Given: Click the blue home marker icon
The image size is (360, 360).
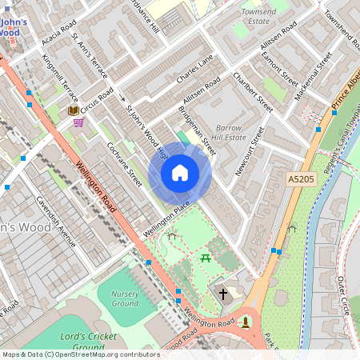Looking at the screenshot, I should [x=180, y=172].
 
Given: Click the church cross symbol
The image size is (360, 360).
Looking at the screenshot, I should [x=224, y=294].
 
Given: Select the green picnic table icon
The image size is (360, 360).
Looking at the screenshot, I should [x=206, y=257].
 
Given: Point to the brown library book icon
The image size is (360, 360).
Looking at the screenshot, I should [x=73, y=110].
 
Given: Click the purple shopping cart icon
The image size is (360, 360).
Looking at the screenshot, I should [x=78, y=122].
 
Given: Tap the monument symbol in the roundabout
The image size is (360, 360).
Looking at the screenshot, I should [x=246, y=321].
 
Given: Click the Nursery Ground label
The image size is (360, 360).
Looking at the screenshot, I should [x=124, y=298].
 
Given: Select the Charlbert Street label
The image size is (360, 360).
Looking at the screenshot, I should [x=241, y=90].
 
